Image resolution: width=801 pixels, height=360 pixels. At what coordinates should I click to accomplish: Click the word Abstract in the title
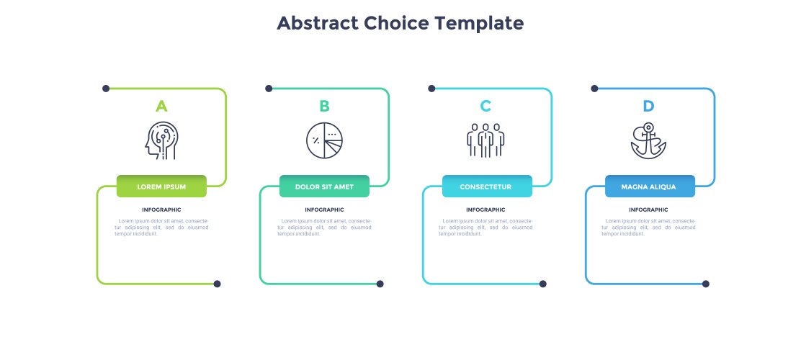tap(318, 23)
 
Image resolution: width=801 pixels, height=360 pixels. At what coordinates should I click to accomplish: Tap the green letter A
tap(161, 107)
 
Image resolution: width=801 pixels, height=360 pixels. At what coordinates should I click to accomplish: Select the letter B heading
tap(324, 107)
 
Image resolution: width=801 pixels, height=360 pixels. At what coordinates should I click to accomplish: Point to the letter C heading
tap(485, 107)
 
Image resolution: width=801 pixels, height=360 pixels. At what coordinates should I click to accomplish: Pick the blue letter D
tap(648, 107)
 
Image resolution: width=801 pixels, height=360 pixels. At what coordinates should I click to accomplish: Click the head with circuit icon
tap(161, 140)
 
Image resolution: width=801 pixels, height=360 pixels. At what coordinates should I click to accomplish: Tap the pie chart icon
tap(324, 140)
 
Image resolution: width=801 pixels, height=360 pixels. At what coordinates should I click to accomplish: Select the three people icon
tap(485, 140)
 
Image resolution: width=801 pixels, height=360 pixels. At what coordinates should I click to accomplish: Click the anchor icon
tap(648, 140)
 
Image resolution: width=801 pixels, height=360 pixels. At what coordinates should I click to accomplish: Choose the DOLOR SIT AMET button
tap(324, 186)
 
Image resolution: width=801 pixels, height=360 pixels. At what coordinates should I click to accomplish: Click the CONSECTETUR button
tap(488, 186)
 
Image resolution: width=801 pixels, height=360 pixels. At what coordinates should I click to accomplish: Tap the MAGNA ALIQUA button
tap(650, 186)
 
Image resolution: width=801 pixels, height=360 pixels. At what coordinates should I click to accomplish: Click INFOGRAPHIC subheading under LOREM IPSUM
tap(161, 210)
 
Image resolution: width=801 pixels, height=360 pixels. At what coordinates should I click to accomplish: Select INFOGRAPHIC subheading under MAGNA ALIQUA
tap(648, 210)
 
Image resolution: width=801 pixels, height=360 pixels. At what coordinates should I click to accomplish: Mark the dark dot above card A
tap(106, 89)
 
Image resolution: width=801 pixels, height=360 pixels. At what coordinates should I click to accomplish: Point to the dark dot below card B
tap(380, 284)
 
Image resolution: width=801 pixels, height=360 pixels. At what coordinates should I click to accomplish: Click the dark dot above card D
tap(594, 89)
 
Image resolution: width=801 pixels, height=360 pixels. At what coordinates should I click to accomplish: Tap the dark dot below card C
tap(543, 284)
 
